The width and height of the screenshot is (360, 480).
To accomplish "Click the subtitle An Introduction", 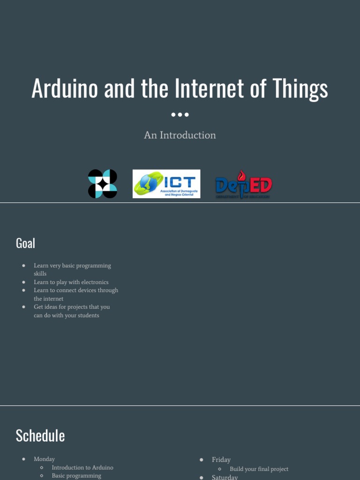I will pyautogui.click(x=180, y=135).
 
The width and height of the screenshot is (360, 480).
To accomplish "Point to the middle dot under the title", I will pyautogui.click(x=180, y=114).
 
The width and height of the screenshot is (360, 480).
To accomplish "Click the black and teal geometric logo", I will pyautogui.click(x=103, y=184).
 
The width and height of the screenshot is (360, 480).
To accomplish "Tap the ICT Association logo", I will pyautogui.click(x=166, y=184).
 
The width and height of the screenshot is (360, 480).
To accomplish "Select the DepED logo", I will pyautogui.click(x=243, y=185).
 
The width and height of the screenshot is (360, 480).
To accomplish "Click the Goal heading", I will pyautogui.click(x=25, y=243).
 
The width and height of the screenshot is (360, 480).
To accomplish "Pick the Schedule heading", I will pyautogui.click(x=40, y=435).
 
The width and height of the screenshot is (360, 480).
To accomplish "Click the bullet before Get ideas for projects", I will pyautogui.click(x=23, y=307).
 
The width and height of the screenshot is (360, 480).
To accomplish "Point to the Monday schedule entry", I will pyautogui.click(x=44, y=459).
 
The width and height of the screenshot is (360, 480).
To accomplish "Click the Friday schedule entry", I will pyautogui.click(x=221, y=460).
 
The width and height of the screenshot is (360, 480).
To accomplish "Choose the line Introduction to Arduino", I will pyautogui.click(x=82, y=468).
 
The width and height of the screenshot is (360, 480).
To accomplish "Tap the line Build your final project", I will pyautogui.click(x=259, y=469).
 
